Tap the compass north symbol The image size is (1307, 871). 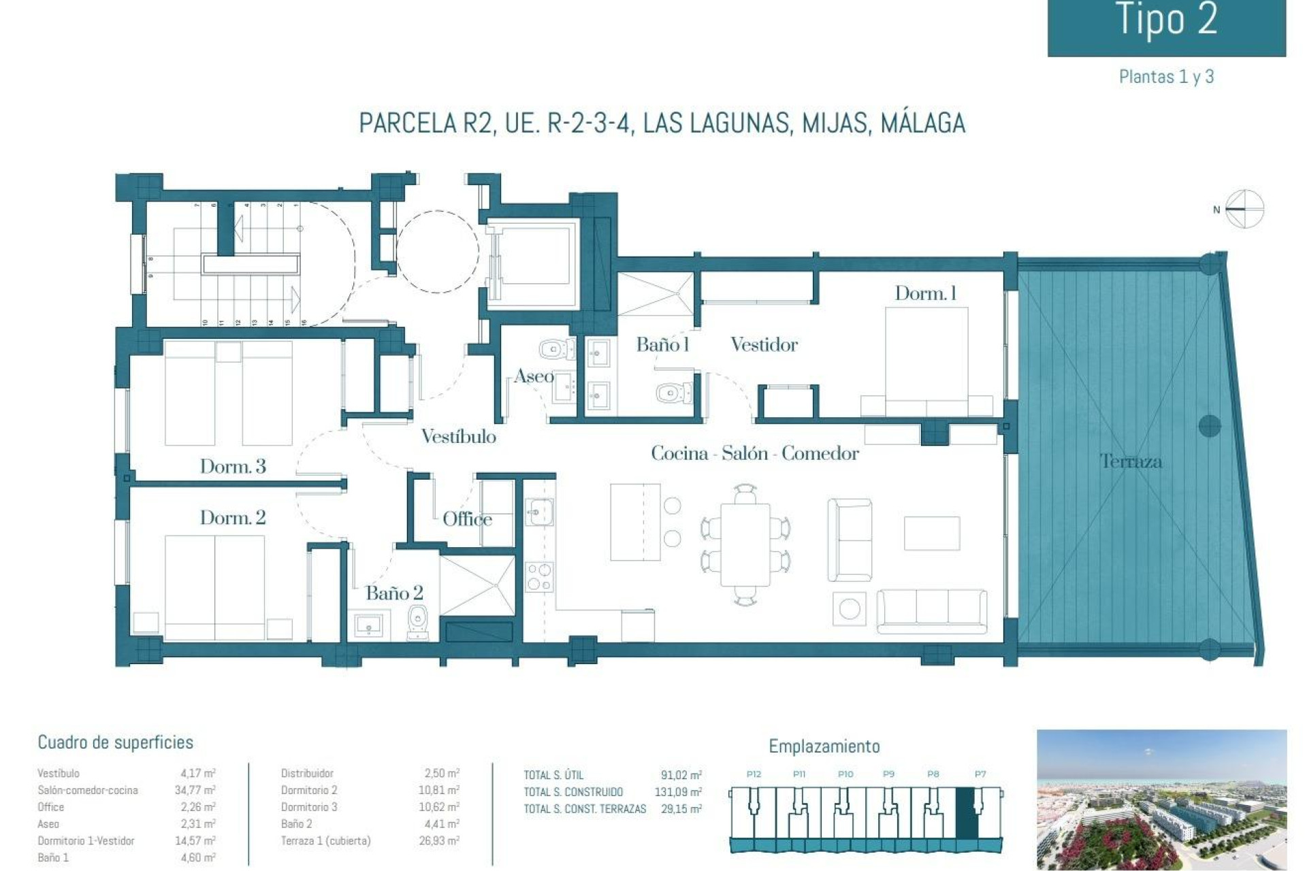pyautogui.click(x=1244, y=209)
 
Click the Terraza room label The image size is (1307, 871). pyautogui.click(x=1131, y=461)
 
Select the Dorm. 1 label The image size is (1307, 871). pyautogui.click(x=925, y=293)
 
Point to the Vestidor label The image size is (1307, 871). pyautogui.click(x=764, y=344)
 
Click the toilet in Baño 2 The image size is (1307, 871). pyautogui.click(x=417, y=621)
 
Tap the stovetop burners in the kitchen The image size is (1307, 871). pyautogui.click(x=539, y=577)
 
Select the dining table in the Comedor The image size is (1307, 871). pyautogui.click(x=745, y=544)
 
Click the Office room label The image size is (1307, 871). pyautogui.click(x=467, y=519)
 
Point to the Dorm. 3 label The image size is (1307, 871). pyautogui.click(x=233, y=466)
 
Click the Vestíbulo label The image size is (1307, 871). pyautogui.click(x=458, y=436)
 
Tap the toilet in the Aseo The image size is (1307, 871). pyautogui.click(x=555, y=350)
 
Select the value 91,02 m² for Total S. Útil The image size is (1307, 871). pyautogui.click(x=681, y=775)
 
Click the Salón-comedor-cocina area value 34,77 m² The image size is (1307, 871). pyautogui.click(x=195, y=790)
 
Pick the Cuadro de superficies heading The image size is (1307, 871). pyautogui.click(x=115, y=742)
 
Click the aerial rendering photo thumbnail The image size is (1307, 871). pyautogui.click(x=1161, y=800)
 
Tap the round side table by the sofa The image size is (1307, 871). pyautogui.click(x=849, y=608)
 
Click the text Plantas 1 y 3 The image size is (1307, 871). pyautogui.click(x=1166, y=77)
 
